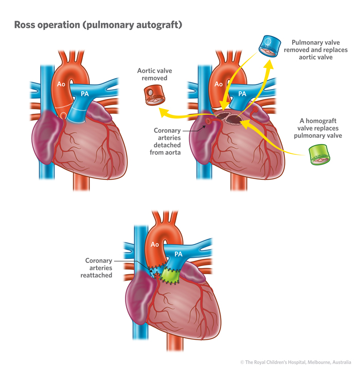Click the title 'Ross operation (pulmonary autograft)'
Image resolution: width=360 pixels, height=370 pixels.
(x=98, y=24)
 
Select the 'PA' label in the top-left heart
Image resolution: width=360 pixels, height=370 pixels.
(x=84, y=94)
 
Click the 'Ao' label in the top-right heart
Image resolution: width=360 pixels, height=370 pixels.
(x=219, y=83)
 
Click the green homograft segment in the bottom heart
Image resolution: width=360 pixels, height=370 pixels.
(x=169, y=275)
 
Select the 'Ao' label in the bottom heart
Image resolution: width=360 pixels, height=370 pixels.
(x=154, y=244)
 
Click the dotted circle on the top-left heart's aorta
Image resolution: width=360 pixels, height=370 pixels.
(x=63, y=115)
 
